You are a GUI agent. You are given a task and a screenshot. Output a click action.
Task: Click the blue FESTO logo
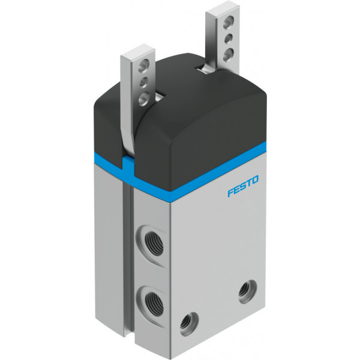pos(243,186)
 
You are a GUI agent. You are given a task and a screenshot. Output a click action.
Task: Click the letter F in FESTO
pos(230,192)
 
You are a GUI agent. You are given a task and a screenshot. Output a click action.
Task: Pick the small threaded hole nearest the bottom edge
pos(189,323)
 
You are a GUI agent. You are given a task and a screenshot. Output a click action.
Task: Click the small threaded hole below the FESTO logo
pos(247,292)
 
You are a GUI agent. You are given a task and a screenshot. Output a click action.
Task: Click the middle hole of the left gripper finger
pos(144,82)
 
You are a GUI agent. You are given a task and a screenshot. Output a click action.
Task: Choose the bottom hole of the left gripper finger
pos(145,100)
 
